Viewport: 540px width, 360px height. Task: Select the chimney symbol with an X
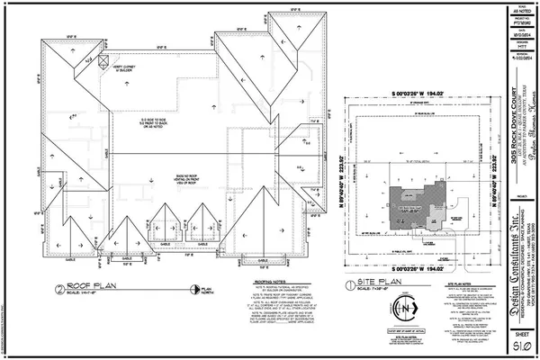point(103,61)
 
